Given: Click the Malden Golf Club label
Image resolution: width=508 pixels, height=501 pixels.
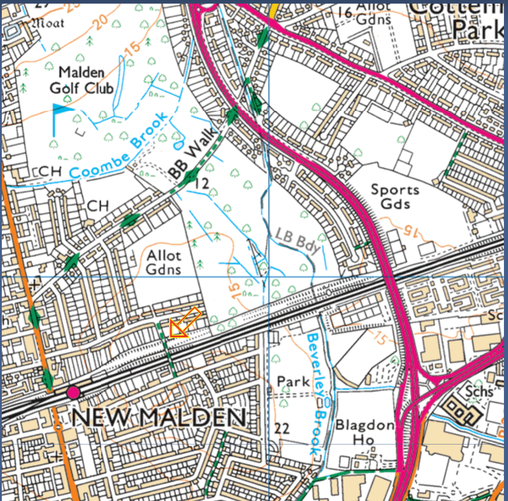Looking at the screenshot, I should click(x=81, y=80).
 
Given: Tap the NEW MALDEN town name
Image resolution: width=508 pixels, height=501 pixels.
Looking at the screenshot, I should click(x=158, y=417).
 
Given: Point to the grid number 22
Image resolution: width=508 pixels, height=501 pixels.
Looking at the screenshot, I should click(x=282, y=428).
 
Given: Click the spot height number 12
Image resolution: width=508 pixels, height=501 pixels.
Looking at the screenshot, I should click(x=202, y=183).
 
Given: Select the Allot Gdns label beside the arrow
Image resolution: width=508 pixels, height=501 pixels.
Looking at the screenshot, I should click(x=164, y=262).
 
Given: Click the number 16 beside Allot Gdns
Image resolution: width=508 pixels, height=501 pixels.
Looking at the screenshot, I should click(x=345, y=12).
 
